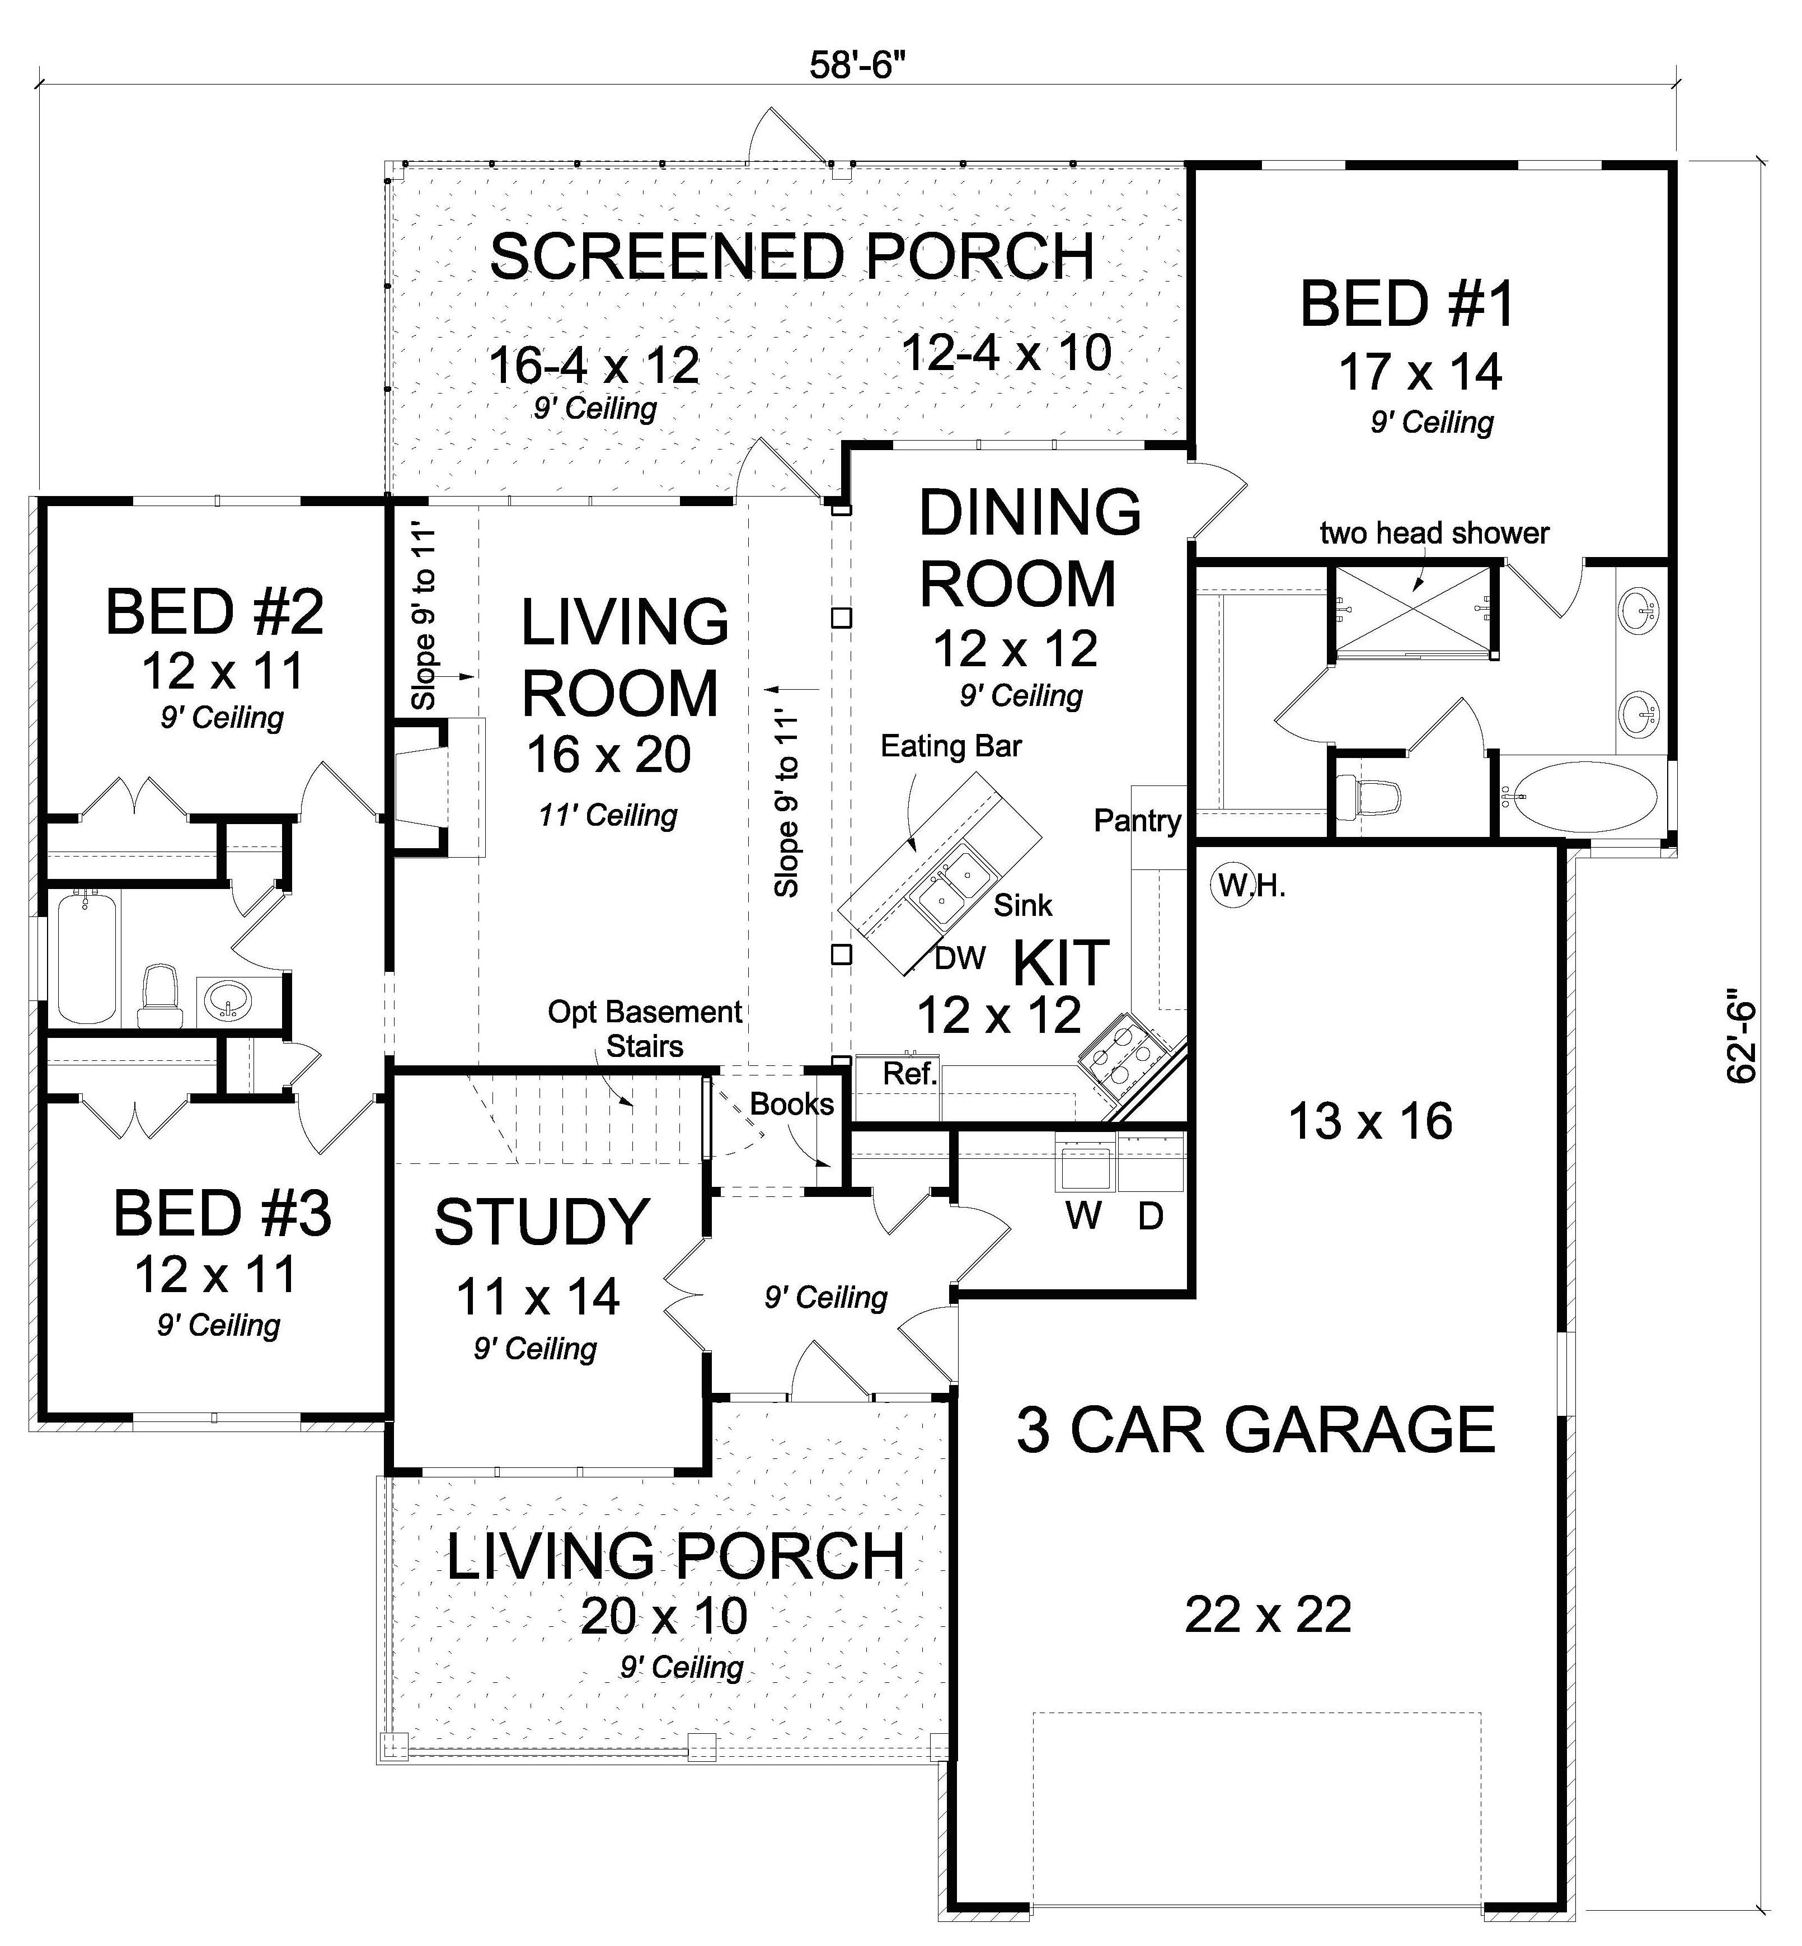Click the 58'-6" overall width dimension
point(851,66)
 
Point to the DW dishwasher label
point(960,958)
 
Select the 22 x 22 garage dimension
point(1268,1615)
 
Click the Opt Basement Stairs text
point(645,1028)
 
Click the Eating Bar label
point(951,746)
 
